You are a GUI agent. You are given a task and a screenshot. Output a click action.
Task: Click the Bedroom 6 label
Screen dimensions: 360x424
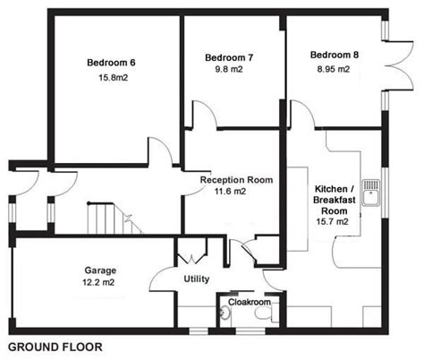111,63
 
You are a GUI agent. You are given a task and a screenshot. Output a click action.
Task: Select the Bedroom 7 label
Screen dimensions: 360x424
229,58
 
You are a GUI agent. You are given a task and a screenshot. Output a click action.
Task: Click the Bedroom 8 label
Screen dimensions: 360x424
335,56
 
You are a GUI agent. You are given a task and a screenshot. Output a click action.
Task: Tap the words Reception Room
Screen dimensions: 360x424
236,180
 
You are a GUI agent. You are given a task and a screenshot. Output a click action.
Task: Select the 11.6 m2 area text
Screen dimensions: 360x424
236,193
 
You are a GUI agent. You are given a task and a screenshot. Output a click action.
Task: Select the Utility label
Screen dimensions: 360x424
196,279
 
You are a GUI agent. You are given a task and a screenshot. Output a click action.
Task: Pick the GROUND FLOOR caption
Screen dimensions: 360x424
55,346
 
